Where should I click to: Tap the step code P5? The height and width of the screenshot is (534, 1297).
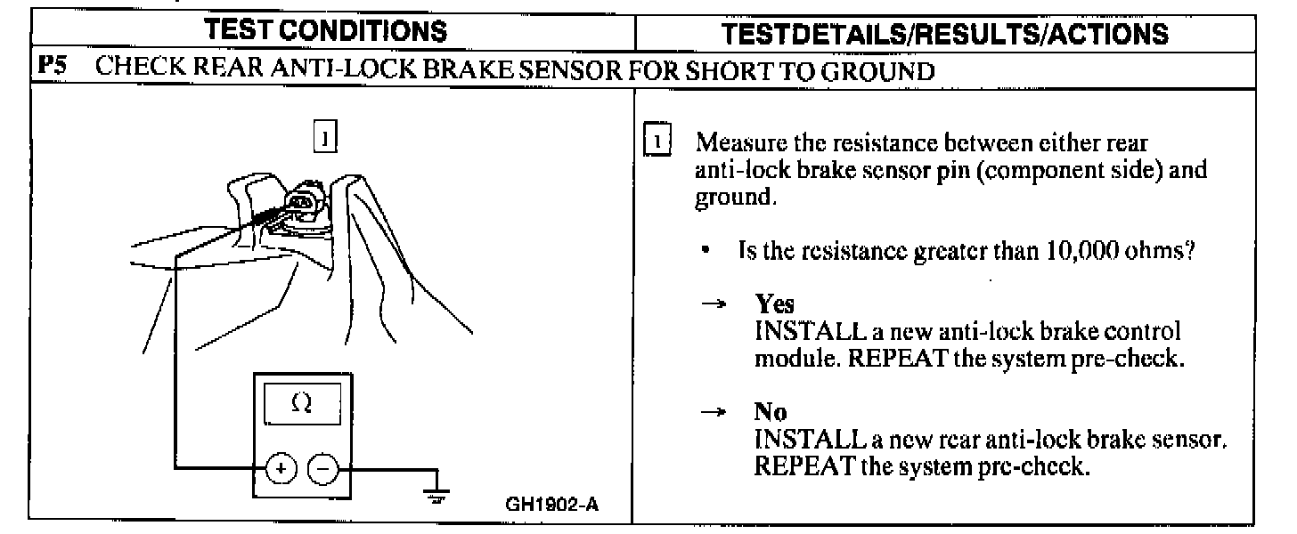tap(49, 73)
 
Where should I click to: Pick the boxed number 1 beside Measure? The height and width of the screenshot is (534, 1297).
tap(657, 142)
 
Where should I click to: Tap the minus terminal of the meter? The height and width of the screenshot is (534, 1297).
tap(322, 467)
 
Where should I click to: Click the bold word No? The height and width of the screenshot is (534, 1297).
tap(770, 412)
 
